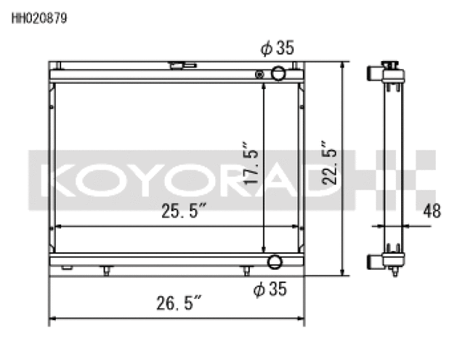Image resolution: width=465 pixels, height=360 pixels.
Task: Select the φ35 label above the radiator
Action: [x=276, y=49]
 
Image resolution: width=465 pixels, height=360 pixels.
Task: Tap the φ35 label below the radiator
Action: [x=270, y=289]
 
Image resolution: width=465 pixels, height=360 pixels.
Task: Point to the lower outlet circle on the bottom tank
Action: [x=275, y=263]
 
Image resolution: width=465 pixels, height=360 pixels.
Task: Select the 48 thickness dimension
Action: [x=432, y=211]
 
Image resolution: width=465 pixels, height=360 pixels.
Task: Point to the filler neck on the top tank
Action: [x=182, y=65]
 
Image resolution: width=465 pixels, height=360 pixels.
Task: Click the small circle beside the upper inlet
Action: [x=259, y=73]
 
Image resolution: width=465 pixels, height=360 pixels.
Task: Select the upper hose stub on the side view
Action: [x=373, y=73]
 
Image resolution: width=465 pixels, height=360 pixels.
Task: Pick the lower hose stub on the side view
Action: [x=373, y=258]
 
